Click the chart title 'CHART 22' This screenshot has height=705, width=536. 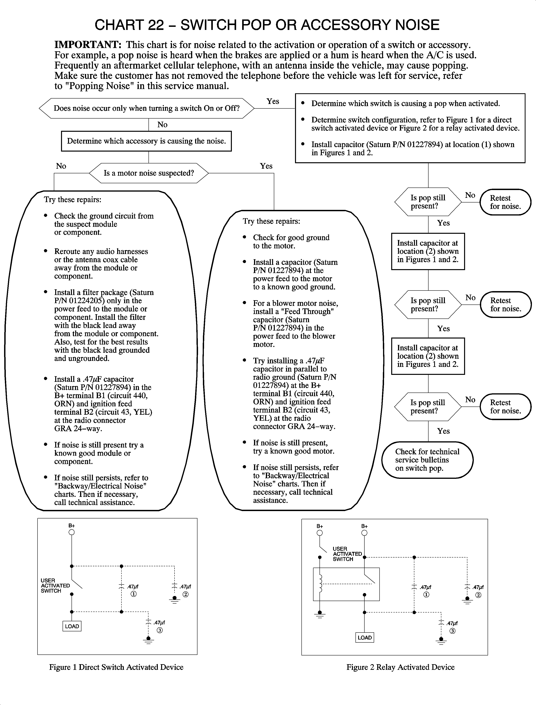coord(129,25)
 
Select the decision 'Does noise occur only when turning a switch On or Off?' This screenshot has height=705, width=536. coord(147,108)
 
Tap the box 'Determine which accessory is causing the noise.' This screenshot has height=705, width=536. coord(146,141)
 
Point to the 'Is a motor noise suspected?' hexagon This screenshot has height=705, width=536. coord(149,173)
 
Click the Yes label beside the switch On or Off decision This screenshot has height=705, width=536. coord(273,101)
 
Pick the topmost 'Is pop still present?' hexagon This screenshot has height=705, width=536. coord(428,202)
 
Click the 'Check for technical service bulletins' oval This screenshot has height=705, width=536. coord(427,460)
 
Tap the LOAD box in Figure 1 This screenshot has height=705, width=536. coord(72,626)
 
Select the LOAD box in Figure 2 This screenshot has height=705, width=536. coord(364,637)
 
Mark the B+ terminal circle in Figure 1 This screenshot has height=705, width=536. coord(72,532)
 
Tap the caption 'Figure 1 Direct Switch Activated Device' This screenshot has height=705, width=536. coord(116,667)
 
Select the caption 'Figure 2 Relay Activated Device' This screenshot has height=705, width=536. coord(400,667)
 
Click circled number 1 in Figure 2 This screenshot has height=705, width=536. coord(426,595)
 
